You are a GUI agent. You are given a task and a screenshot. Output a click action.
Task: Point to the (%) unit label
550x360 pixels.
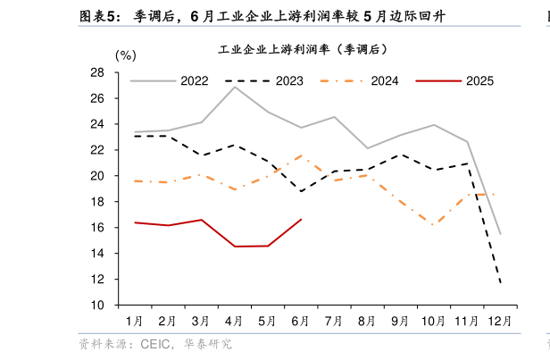pyautogui.click(x=127, y=56)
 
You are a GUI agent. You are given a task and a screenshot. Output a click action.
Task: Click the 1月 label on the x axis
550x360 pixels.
pyautogui.click(x=135, y=320)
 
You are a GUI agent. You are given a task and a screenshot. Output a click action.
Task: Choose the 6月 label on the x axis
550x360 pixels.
pyautogui.click(x=301, y=320)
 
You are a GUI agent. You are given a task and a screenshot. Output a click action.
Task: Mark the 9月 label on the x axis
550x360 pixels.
pyautogui.click(x=400, y=320)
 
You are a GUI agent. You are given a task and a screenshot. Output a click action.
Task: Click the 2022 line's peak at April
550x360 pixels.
pyautogui.click(x=235, y=87)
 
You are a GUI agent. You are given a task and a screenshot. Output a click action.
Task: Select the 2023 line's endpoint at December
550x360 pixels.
pyautogui.click(x=501, y=283)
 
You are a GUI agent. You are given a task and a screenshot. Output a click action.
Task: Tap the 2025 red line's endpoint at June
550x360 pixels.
pyautogui.click(x=301, y=220)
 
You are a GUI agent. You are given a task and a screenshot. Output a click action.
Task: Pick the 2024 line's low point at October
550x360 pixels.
pyautogui.click(x=433, y=225)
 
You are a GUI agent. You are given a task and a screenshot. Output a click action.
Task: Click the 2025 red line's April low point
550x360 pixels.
pyautogui.click(x=235, y=247)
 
